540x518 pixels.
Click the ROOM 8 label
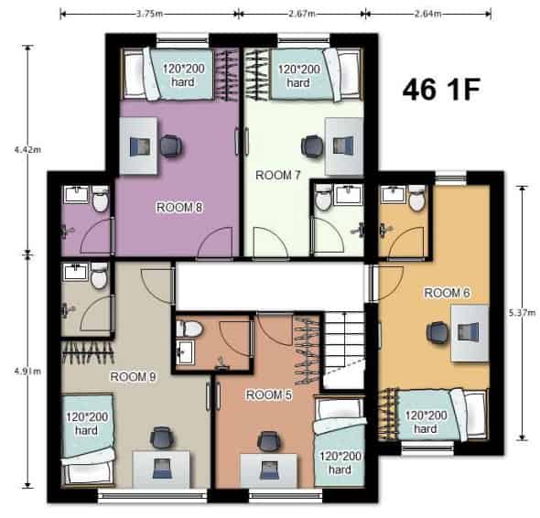(x=179, y=207)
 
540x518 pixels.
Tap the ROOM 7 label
(x=278, y=174)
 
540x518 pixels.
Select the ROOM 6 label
(x=448, y=293)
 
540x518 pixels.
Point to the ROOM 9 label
(x=134, y=375)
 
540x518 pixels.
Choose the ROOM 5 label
(x=270, y=395)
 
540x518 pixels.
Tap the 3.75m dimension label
(x=149, y=14)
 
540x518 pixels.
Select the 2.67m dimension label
(x=302, y=14)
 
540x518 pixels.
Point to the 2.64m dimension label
(x=427, y=14)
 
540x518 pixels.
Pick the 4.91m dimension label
(x=16, y=372)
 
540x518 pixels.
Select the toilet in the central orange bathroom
(x=190, y=329)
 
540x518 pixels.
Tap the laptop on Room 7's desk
(x=341, y=146)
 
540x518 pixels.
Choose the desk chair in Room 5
(x=268, y=441)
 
